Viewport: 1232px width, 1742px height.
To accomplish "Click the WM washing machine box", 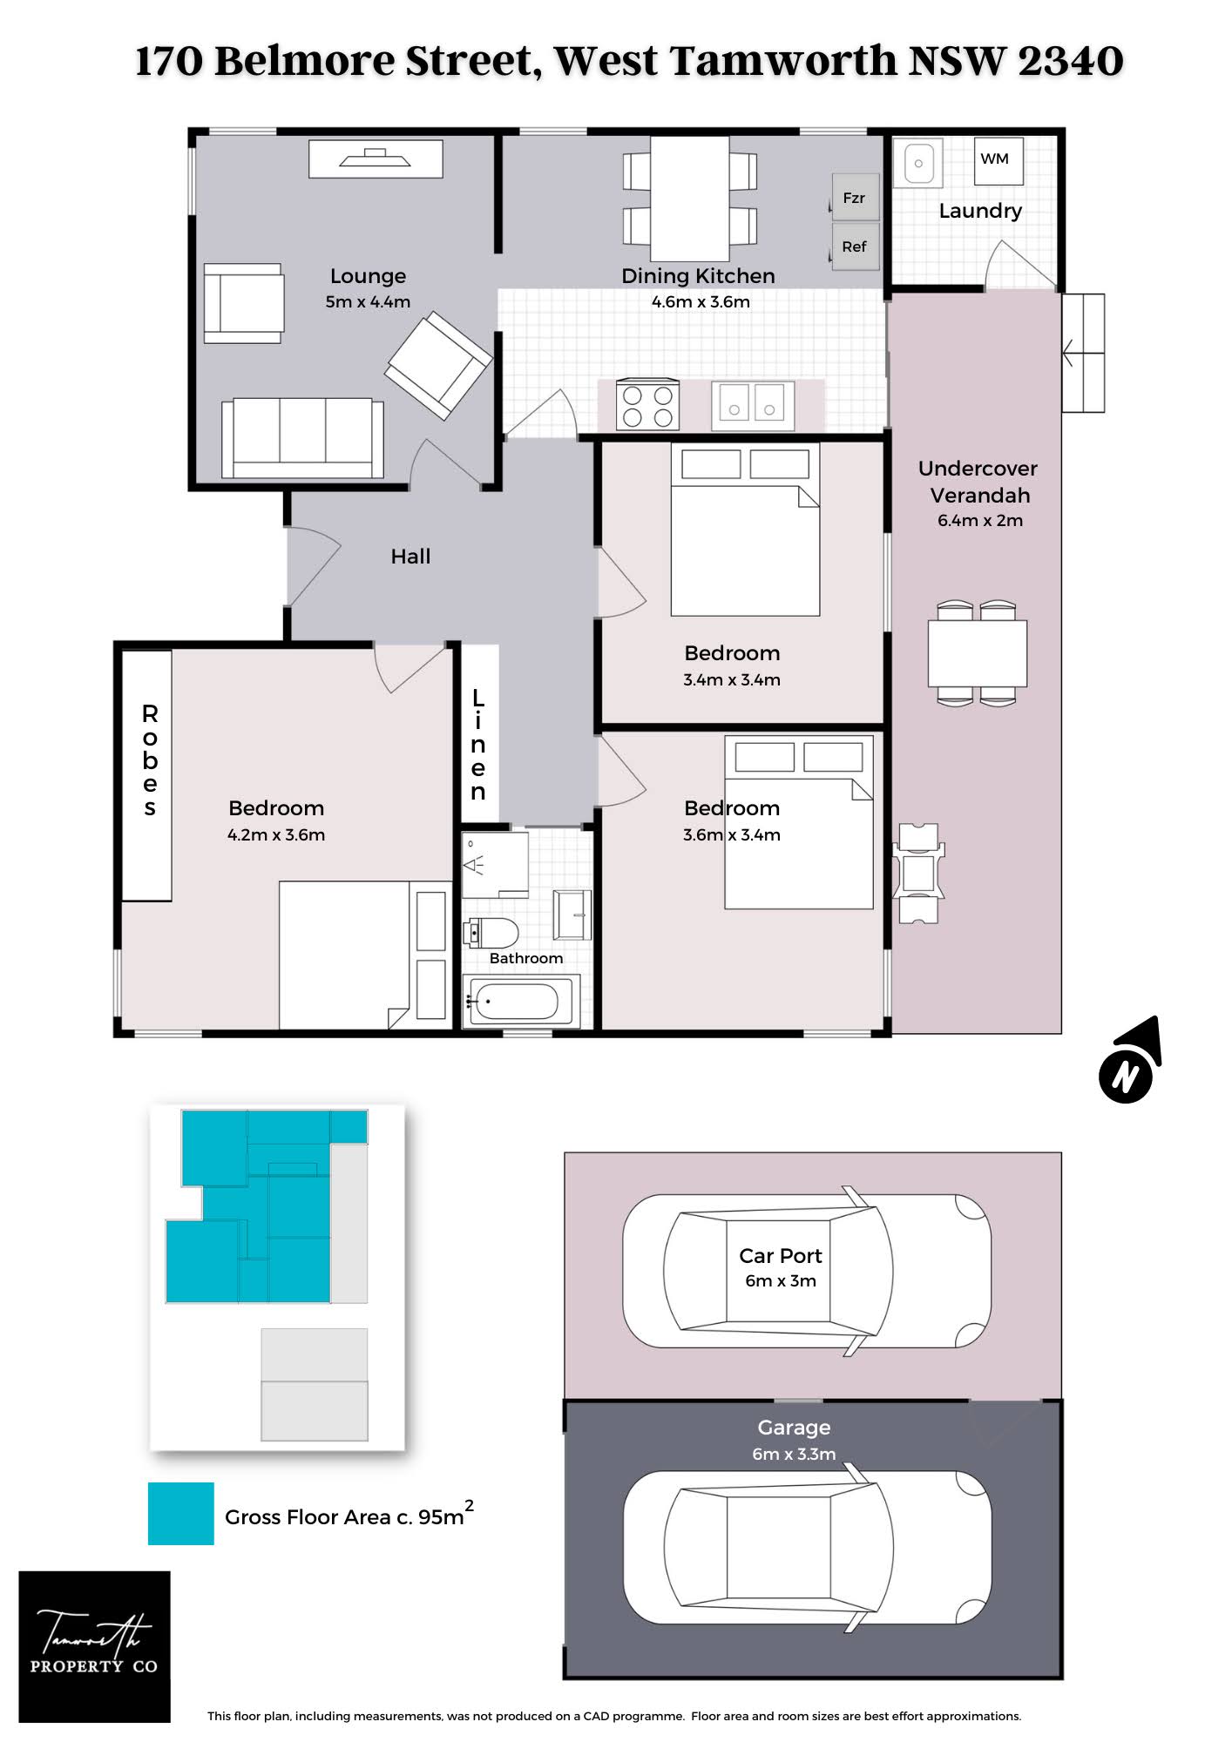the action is (998, 160).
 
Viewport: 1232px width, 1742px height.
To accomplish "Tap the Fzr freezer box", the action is (855, 197).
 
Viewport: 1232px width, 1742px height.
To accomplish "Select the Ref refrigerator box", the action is (855, 246).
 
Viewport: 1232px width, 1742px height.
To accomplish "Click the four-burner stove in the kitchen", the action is (647, 405).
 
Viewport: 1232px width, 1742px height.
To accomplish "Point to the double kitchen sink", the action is (753, 405).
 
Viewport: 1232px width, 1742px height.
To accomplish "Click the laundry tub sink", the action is (918, 163).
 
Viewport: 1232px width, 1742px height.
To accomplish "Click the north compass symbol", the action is (1129, 1062).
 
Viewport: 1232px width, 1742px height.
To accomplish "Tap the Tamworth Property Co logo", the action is (94, 1646).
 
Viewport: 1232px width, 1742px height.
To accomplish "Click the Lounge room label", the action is (368, 276).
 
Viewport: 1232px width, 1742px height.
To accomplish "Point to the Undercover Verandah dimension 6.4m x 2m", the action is (980, 521).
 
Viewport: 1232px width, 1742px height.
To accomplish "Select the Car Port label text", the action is (781, 1256).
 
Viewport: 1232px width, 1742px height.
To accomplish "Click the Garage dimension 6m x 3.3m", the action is (794, 1454).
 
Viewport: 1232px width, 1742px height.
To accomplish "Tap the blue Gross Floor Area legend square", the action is (181, 1514).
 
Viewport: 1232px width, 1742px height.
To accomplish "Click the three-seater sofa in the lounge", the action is (302, 438).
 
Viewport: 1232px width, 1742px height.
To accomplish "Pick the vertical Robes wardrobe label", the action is (150, 761).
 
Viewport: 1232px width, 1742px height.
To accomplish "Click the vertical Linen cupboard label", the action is (478, 745).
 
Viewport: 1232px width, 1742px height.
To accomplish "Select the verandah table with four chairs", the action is (977, 652).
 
